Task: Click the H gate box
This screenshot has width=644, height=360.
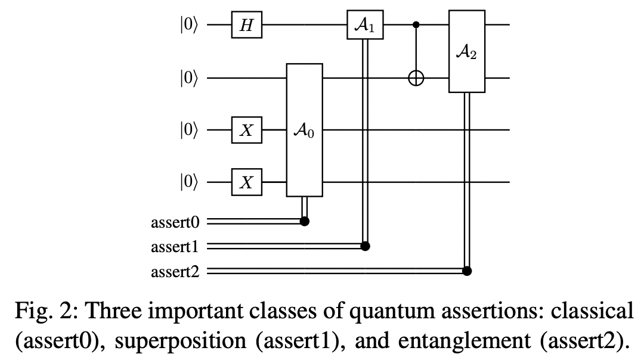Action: pos(247,26)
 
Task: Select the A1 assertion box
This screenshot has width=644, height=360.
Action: pos(365,26)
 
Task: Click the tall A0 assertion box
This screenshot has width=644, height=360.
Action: pos(305,129)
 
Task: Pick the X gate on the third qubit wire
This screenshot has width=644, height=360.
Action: pos(247,129)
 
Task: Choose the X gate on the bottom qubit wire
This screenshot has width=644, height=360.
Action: pos(247,182)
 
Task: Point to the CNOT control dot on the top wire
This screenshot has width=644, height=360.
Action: pos(416,26)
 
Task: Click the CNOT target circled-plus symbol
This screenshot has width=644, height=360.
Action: pos(416,78)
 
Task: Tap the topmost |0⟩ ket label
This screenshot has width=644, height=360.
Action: pos(190,26)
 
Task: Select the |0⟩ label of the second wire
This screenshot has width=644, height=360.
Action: pos(190,78)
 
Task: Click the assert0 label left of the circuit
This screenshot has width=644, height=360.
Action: pos(175,222)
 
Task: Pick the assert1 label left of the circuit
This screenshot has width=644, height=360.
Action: pos(175,247)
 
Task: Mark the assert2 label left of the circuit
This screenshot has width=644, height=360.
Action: pos(175,272)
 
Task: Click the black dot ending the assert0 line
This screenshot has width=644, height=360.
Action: pos(305,222)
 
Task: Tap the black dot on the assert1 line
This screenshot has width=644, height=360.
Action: pos(365,246)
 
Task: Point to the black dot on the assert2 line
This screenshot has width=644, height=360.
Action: pos(467,271)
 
